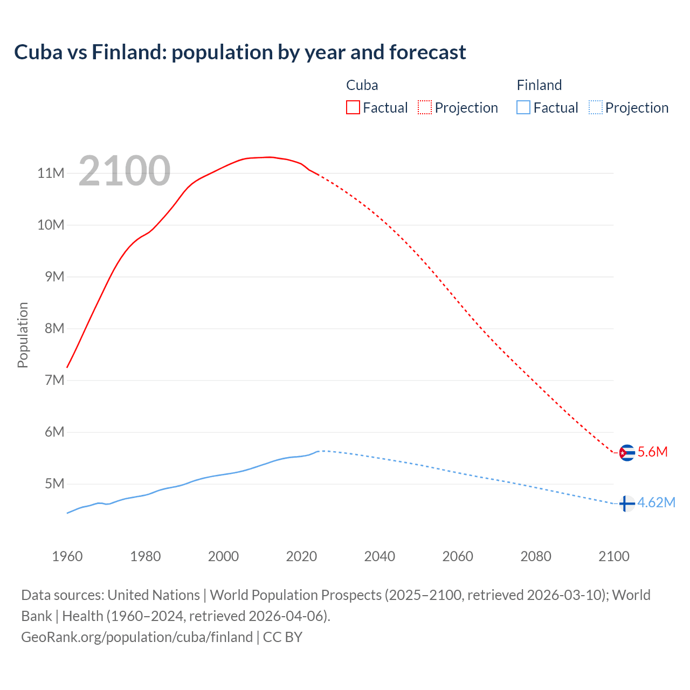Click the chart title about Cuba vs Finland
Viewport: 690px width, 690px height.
[240, 52]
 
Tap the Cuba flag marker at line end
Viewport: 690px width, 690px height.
[626, 452]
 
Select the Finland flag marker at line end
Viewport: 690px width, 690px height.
[626, 503]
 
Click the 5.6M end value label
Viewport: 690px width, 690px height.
[652, 452]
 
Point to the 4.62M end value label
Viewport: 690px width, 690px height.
[656, 502]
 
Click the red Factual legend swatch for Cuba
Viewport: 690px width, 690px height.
[353, 107]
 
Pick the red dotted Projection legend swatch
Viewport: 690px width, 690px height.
[425, 107]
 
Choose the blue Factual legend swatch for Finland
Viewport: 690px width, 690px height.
[523, 107]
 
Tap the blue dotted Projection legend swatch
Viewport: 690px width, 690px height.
[595, 107]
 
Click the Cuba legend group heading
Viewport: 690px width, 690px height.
[362, 85]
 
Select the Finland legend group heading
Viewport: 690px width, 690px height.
[539, 85]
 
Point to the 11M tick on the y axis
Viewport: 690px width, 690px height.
[51, 173]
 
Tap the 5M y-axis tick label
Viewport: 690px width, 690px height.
[54, 484]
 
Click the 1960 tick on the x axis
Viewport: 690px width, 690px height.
[67, 556]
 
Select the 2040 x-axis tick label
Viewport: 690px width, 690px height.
[379, 556]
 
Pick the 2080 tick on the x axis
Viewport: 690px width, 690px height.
[536, 556]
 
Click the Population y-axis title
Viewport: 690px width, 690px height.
[23, 335]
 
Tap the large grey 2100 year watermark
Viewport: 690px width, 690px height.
[125, 171]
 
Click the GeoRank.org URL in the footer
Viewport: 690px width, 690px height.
[137, 637]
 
